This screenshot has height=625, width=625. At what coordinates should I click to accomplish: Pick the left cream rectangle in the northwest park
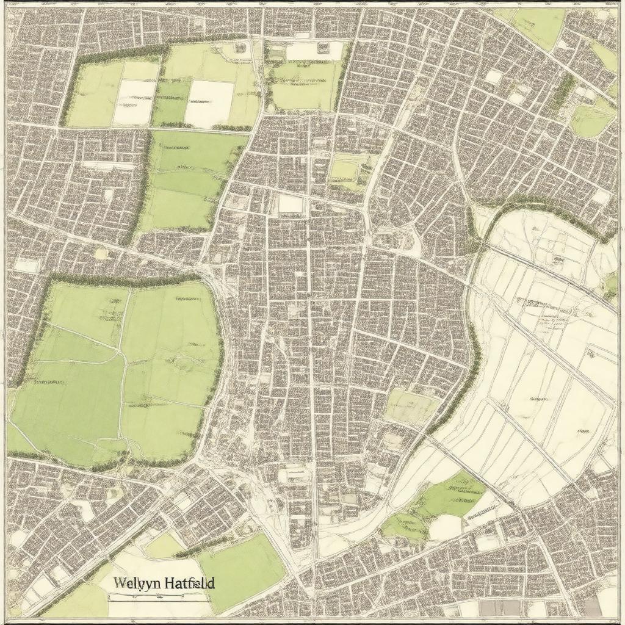[x=134, y=101]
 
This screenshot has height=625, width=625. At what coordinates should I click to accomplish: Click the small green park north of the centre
[x=345, y=169]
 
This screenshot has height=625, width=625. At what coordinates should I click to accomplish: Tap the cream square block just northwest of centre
[x=291, y=204]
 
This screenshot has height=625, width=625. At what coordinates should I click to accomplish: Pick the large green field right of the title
[x=244, y=571]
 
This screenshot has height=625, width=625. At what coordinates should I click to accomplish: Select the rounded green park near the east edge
[x=591, y=119]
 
